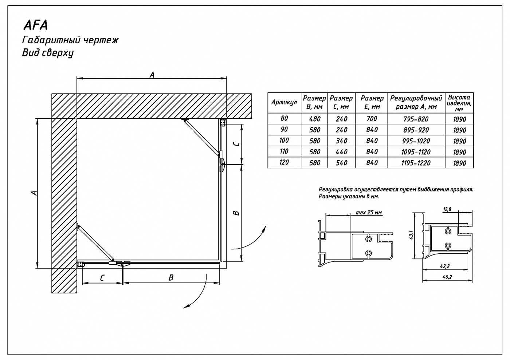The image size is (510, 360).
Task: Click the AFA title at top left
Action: tap(36, 25)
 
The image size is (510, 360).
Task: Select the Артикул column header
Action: tap(284, 102)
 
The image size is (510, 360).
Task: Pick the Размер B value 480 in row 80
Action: tap(315, 119)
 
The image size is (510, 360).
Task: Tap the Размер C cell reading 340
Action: tap(342, 141)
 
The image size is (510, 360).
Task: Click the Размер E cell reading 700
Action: tap(372, 119)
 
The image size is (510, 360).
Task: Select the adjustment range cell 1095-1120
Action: tap(416, 152)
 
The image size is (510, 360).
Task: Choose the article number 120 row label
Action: tap(284, 162)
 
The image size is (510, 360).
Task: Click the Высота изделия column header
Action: tap(459, 103)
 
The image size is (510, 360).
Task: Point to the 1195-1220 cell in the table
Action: tap(416, 163)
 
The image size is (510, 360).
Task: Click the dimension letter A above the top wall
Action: tap(152, 75)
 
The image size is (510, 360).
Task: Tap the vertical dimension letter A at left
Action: tap(34, 193)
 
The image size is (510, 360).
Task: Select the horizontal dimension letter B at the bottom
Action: tap(171, 278)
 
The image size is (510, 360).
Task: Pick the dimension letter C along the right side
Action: tap(237, 144)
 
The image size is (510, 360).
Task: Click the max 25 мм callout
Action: tap(369, 213)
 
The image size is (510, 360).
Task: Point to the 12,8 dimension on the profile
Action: tap(447, 209)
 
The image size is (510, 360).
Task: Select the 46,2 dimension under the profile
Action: tap(447, 277)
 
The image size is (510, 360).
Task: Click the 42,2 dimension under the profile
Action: tap(445, 266)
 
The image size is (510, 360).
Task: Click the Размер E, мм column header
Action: tap(372, 102)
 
